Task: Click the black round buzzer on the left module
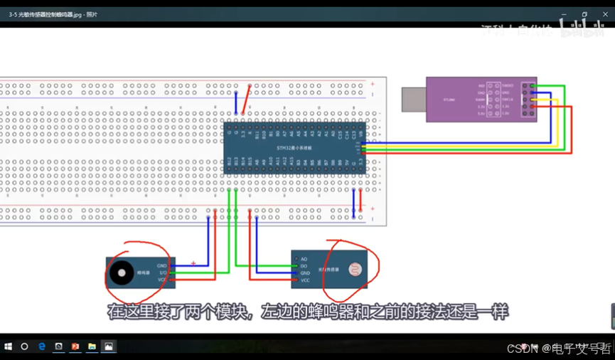point(119,272)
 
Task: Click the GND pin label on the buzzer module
point(162,265)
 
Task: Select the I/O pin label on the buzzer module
point(162,272)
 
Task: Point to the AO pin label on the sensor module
point(304,259)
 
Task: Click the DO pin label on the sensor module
point(304,266)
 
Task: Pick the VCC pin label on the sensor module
point(305,280)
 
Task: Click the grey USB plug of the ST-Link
point(413,100)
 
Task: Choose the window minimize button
point(565,14)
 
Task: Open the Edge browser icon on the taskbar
point(42,346)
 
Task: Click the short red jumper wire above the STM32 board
point(246,98)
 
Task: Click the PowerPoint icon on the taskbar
point(75,346)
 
